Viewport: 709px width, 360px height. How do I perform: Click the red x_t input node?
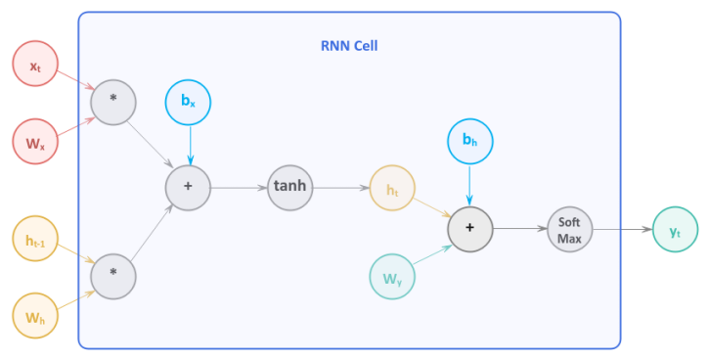[35, 64]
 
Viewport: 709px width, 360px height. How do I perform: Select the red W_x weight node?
[35, 143]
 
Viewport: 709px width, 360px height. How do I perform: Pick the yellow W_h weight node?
[35, 315]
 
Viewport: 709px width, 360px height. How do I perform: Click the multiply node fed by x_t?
[113, 101]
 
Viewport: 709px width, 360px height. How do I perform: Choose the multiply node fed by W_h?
[113, 277]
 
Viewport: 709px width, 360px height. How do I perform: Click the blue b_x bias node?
[189, 101]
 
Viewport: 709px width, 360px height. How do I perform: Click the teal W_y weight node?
[392, 277]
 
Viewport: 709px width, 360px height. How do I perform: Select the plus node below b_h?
[469, 228]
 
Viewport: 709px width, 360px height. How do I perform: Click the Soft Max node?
[569, 228]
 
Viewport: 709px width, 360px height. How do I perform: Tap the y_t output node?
[675, 229]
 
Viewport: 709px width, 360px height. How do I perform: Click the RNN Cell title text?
[349, 45]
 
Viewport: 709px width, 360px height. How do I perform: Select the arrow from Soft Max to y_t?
[622, 229]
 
